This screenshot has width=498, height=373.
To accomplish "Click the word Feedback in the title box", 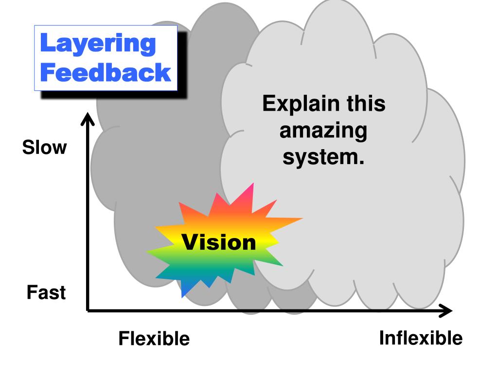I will [106, 72].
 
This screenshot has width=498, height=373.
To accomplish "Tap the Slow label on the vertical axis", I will [44, 148].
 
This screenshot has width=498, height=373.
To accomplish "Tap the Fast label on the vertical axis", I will [46, 293].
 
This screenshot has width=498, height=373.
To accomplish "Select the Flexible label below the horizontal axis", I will [154, 338].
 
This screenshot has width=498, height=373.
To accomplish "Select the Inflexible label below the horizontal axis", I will [421, 338].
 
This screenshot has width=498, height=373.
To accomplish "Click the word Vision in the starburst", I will [219, 242].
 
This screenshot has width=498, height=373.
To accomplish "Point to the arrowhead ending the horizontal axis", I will [447, 310].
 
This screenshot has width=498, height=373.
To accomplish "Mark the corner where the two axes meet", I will [88, 310].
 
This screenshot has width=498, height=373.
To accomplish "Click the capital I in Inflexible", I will [383, 337].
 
